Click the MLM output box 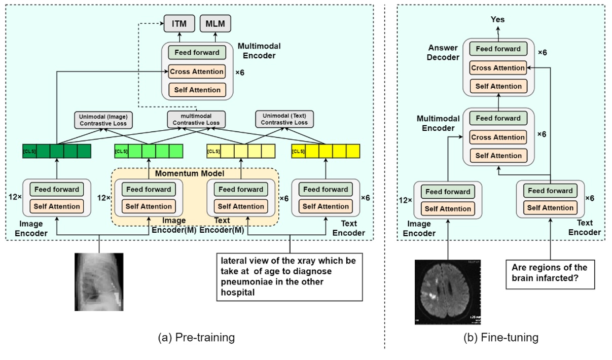215,23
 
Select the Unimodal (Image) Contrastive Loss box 103,119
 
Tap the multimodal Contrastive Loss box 196,119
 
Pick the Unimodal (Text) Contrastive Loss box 284,119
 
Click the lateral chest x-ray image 99,281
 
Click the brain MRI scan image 447,292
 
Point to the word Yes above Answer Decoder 497,20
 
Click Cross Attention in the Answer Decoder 497,68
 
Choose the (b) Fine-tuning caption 501,337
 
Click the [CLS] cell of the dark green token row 30,152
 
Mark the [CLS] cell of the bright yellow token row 299,152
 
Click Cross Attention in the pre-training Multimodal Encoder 196,71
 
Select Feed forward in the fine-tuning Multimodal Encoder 497,118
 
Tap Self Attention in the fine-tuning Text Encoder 550,208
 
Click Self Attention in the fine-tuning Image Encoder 448,209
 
